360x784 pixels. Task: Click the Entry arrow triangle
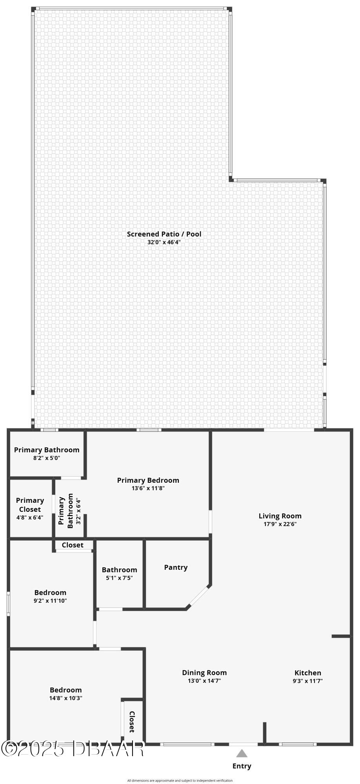[242, 753]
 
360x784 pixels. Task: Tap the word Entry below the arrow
[242, 766]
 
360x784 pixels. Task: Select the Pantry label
[176, 568]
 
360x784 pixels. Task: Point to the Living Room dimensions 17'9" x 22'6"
[280, 524]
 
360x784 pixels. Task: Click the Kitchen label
[308, 673]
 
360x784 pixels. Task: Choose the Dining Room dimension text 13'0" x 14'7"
[204, 681]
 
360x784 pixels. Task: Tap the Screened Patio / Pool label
[164, 234]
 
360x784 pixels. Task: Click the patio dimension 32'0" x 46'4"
[164, 242]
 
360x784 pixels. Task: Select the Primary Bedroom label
[148, 480]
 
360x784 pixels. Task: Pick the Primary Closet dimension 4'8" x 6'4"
[30, 517]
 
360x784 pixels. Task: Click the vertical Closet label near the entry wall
[132, 722]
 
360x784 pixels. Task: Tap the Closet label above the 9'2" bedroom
[73, 545]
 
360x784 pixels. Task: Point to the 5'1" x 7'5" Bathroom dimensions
[119, 578]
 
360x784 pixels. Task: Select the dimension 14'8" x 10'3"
[66, 698]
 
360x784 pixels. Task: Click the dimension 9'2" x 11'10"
[50, 600]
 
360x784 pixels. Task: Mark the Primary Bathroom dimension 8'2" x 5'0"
[47, 458]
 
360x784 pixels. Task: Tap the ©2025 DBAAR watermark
[73, 748]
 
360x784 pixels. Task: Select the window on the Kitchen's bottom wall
[297, 744]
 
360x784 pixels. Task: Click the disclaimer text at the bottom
[180, 780]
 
